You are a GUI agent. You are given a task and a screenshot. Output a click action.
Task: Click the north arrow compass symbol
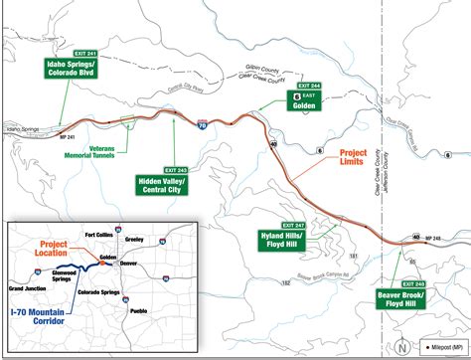click(401, 347)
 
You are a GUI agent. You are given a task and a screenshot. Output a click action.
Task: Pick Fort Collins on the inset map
click(104, 222)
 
